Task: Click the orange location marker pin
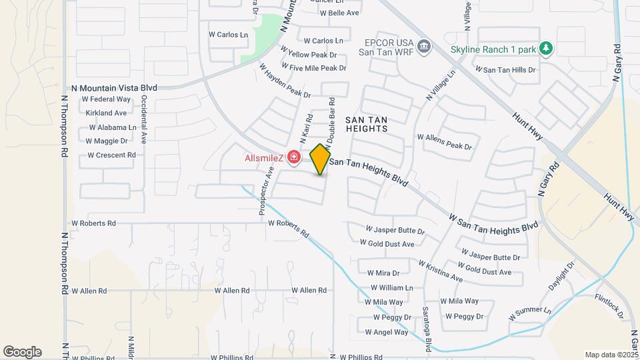pos(320,159)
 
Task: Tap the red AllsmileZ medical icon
pos(295,157)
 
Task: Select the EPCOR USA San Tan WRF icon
pos(425,45)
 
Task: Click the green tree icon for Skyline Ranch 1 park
pos(546,48)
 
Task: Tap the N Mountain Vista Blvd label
pos(114,88)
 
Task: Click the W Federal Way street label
pos(106,100)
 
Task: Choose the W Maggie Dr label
pos(107,141)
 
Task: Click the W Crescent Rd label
pos(111,155)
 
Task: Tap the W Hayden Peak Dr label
pos(285,81)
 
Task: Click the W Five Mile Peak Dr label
pos(314,68)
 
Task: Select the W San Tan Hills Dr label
pos(505,69)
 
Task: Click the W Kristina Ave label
pos(440,271)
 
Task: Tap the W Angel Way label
pos(386,332)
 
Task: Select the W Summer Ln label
pos(530,311)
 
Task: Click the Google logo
pos(22,351)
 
